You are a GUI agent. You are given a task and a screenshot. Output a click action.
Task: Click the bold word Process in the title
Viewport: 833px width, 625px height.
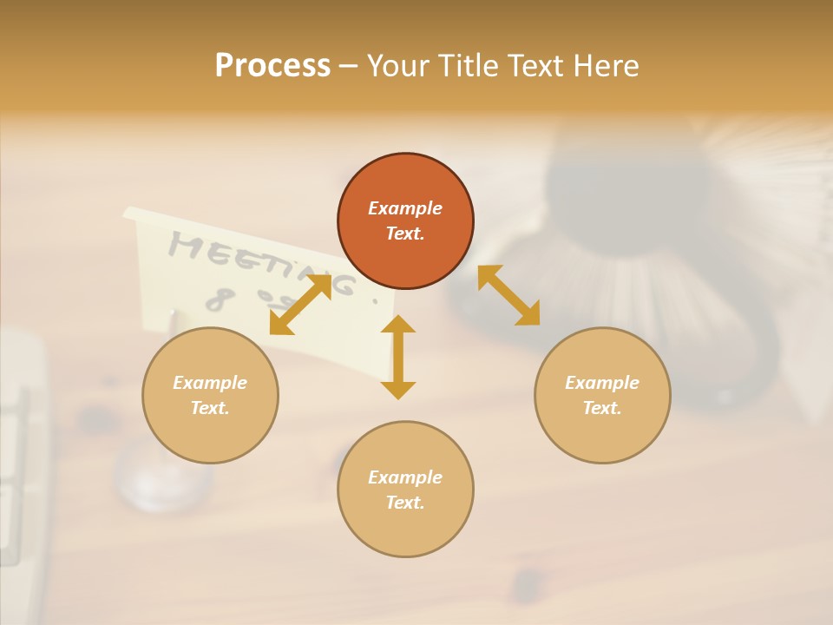272,66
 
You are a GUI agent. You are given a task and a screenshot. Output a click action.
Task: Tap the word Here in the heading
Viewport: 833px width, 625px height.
605,66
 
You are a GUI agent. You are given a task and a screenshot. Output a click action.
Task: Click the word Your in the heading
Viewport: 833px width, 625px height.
397,66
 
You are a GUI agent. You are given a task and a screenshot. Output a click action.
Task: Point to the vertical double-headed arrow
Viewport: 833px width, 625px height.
398,357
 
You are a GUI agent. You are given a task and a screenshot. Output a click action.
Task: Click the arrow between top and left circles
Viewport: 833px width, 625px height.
300,305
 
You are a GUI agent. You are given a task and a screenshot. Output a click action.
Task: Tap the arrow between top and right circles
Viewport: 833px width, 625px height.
509,295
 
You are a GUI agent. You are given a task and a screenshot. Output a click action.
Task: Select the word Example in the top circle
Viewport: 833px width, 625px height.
405,208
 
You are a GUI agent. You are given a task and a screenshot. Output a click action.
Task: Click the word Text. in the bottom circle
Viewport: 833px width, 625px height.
405,503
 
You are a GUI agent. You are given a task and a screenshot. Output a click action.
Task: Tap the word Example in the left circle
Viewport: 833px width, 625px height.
210,383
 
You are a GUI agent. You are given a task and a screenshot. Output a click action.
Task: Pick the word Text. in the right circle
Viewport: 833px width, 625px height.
602,408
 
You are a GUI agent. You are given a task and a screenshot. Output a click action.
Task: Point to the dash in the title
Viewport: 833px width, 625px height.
348,66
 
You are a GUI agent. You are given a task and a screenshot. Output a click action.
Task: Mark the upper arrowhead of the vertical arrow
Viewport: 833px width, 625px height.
398,325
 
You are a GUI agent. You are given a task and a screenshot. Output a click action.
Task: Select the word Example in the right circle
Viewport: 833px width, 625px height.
602,383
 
